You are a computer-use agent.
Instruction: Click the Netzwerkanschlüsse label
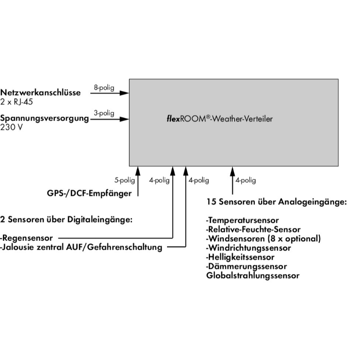click(x=40, y=93)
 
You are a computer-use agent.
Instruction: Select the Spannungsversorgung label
click(x=45, y=118)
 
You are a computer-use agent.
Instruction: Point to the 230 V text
click(x=11, y=127)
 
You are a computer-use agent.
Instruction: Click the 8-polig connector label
click(x=104, y=87)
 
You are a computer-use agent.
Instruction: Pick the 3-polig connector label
click(x=104, y=113)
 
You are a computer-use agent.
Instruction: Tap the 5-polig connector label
click(x=124, y=180)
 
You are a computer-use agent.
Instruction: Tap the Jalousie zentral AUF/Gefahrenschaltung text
click(x=81, y=248)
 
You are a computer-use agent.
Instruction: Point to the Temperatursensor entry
click(x=239, y=220)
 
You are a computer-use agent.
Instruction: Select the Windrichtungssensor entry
click(x=248, y=248)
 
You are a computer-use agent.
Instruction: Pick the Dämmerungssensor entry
click(x=246, y=266)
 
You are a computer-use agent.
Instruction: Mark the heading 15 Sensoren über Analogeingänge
click(x=276, y=202)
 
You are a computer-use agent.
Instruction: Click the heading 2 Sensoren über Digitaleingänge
click(x=67, y=220)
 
